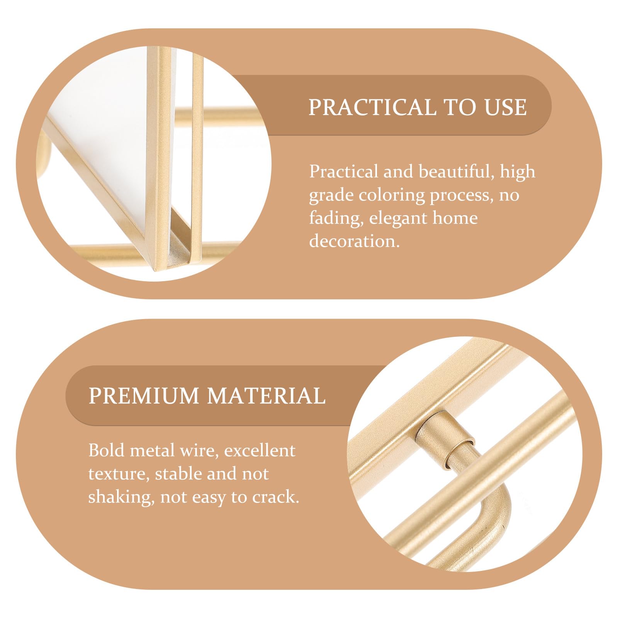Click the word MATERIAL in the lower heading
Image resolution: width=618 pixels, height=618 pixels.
(x=267, y=396)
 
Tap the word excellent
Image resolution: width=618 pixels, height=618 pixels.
(x=260, y=450)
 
